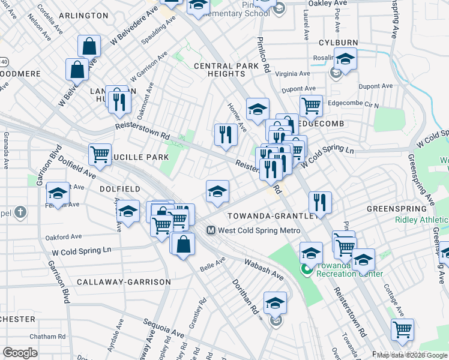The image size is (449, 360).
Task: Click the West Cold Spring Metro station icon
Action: pos(211,230)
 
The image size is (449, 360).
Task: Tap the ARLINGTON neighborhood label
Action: pos(83,15)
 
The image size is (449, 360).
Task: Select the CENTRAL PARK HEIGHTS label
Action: pos(218,69)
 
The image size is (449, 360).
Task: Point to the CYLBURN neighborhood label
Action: pos(338,43)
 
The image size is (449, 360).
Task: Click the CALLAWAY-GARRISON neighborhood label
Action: pos(124,281)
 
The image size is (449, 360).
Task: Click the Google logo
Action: pos(20,353)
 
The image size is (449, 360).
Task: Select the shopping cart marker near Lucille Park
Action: pos(100,154)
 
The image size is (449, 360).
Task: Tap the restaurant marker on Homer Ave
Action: pos(226,133)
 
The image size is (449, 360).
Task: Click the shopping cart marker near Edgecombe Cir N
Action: pos(311,106)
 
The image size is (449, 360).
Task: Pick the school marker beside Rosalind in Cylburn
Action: pos(345,59)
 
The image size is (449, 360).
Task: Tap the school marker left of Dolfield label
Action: pos(58,193)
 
